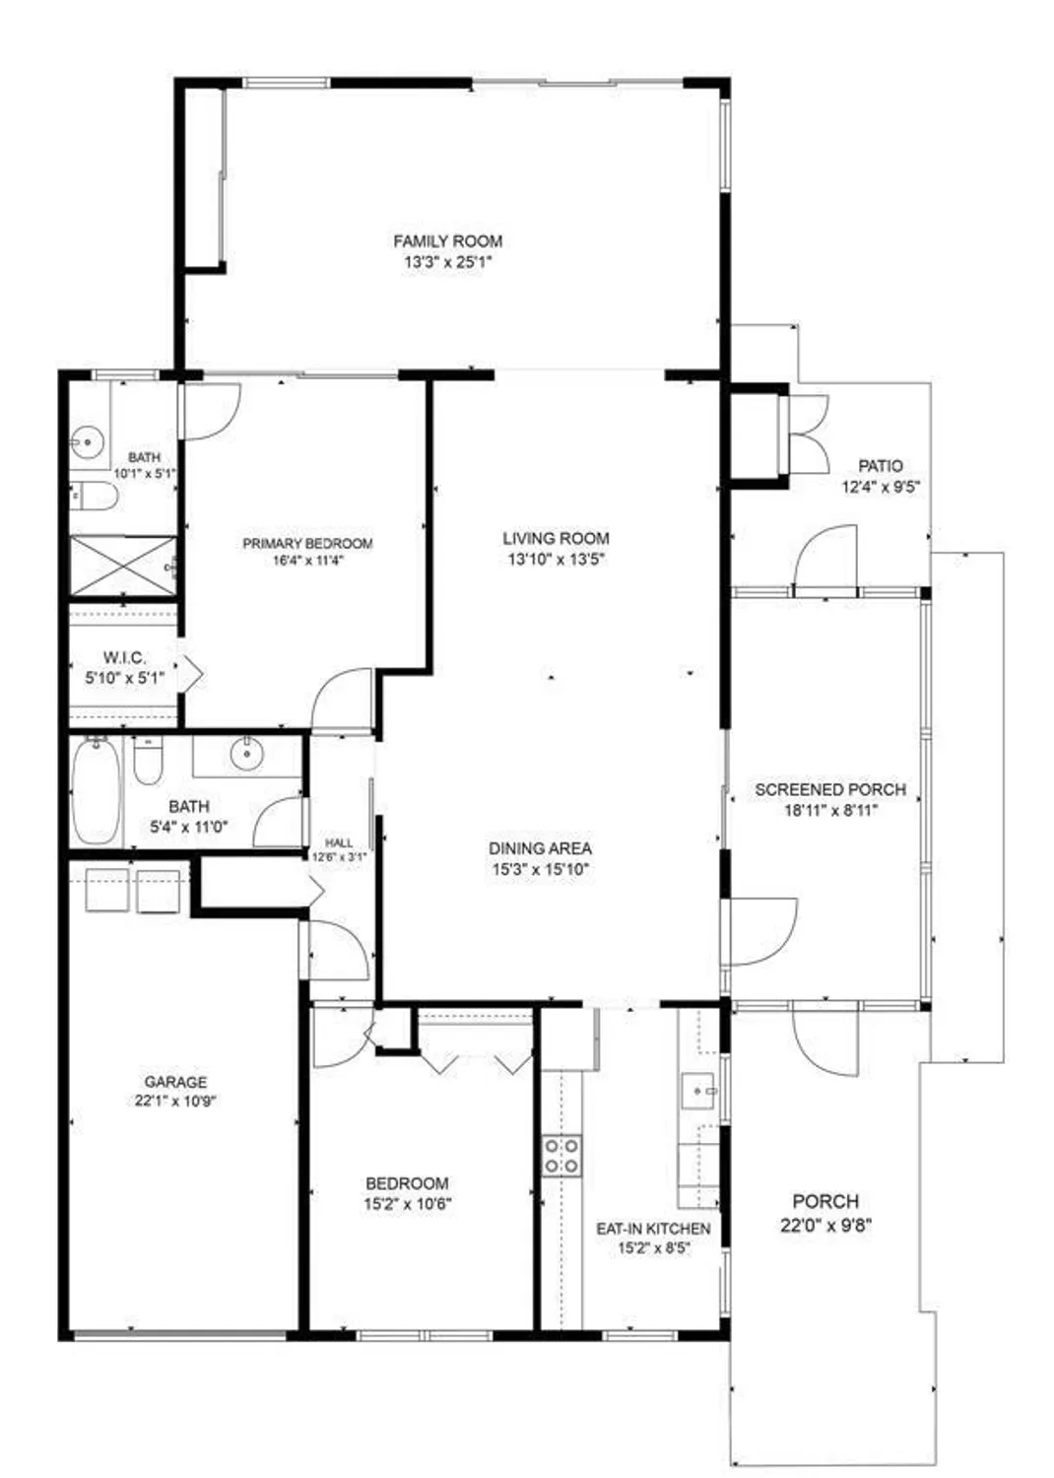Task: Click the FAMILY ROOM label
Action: tap(447, 240)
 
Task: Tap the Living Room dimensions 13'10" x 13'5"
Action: tap(556, 560)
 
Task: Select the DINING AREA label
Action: tap(540, 847)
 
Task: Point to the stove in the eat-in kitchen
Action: tap(561, 1155)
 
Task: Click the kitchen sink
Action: tap(700, 1092)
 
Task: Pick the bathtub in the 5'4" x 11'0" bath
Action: tap(97, 791)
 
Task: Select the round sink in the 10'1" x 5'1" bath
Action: tap(89, 442)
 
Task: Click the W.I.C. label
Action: tap(124, 657)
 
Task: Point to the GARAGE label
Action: tap(175, 1081)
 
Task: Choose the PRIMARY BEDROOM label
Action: tap(307, 543)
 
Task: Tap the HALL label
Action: tap(339, 842)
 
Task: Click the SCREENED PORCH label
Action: tap(830, 789)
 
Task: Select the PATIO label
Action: tap(880, 465)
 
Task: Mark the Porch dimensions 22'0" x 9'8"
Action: tap(825, 1226)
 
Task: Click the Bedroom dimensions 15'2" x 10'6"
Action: tap(408, 1203)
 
